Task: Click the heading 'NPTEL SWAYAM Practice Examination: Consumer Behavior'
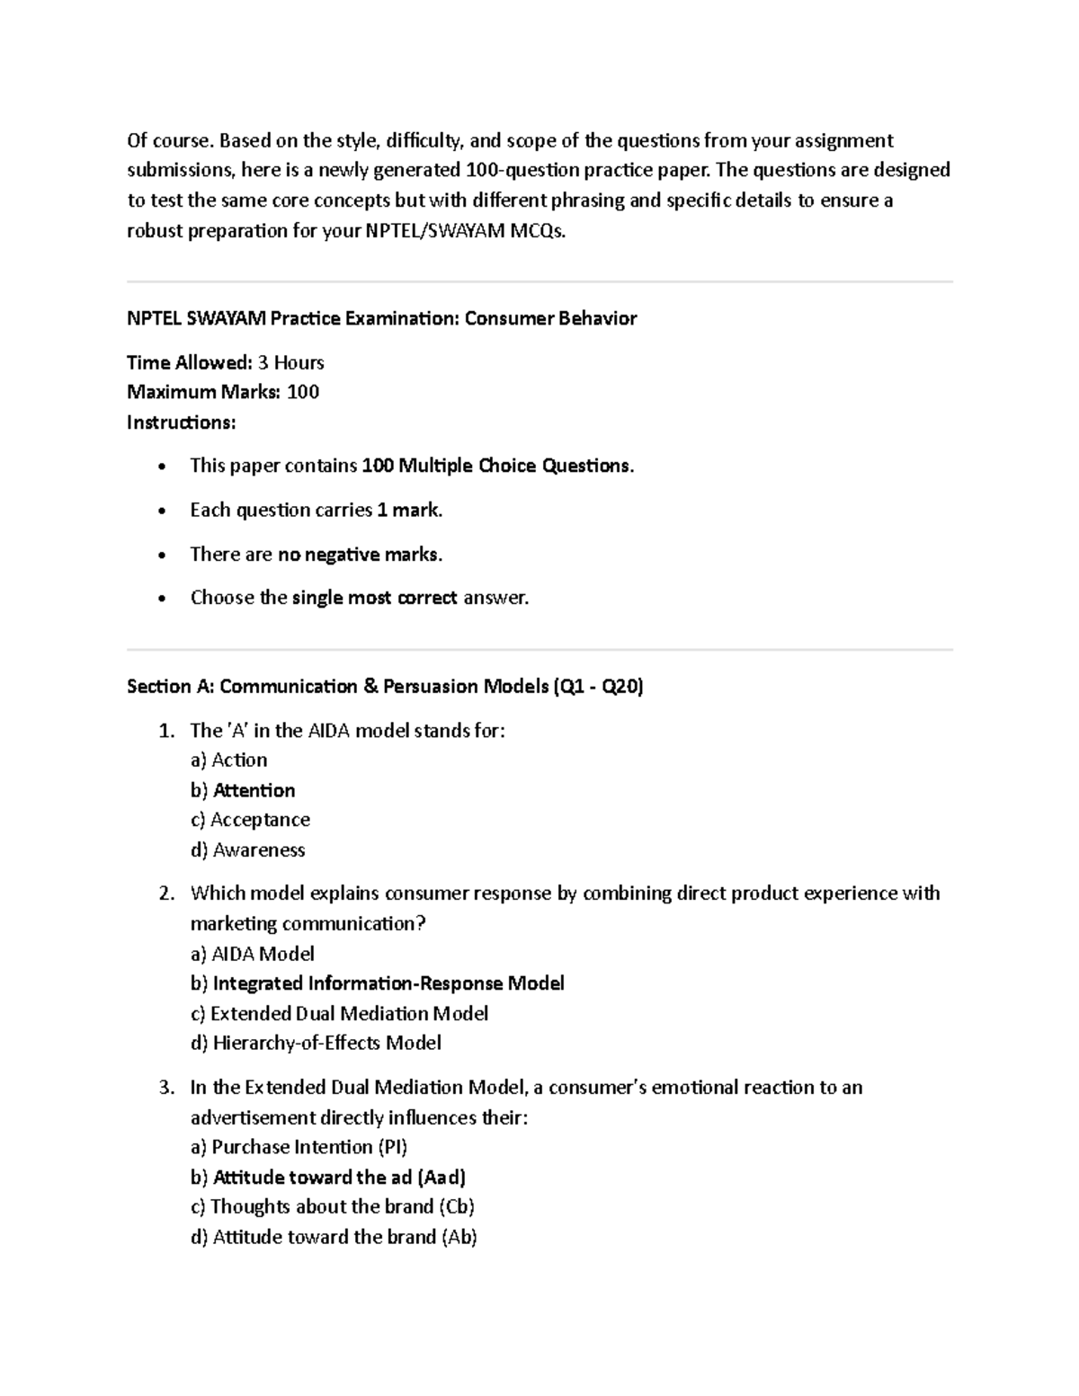coord(381,318)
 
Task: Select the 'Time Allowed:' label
coord(189,362)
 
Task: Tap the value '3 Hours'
coord(290,362)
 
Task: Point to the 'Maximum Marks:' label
coord(203,392)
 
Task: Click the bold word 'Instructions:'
coord(181,422)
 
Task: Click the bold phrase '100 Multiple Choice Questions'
coord(495,466)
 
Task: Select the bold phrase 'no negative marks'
coord(358,555)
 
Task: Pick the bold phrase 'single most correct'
coord(374,598)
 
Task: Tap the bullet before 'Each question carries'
coord(161,511)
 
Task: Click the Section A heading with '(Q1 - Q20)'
coord(385,687)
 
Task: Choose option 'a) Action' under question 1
coord(228,760)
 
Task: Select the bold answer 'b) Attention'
coord(243,790)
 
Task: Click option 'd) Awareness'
coord(247,849)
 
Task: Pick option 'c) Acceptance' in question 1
coord(250,820)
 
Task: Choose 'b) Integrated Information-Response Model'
coord(377,983)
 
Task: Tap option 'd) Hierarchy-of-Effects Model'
coord(316,1043)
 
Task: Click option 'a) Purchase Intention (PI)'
coord(299,1147)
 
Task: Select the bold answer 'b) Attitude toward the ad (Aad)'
coord(327,1178)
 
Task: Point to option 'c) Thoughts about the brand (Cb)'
coord(332,1206)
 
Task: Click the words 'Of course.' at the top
coord(170,140)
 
